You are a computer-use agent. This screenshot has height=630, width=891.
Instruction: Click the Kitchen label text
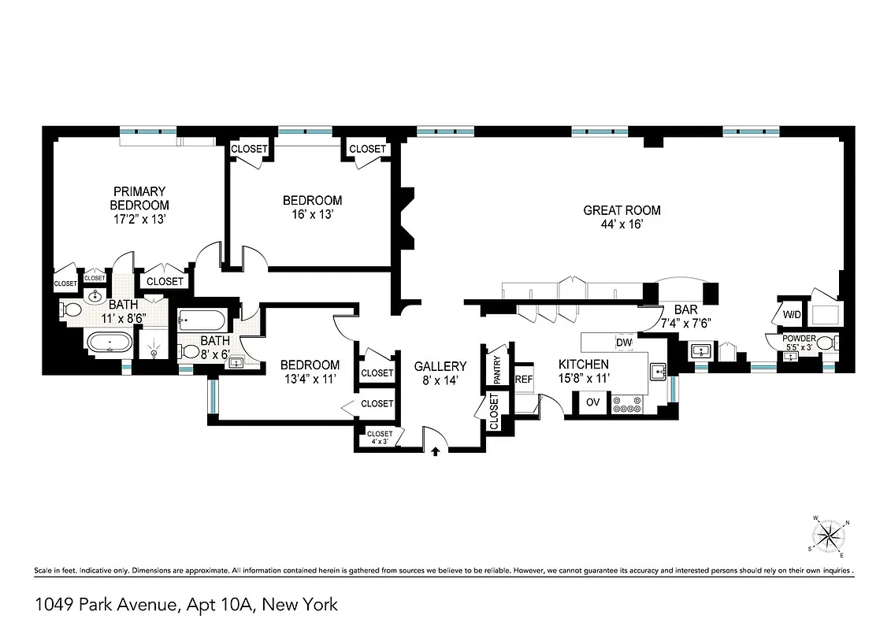[x=583, y=364]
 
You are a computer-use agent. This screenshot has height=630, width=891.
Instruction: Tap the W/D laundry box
[x=791, y=315]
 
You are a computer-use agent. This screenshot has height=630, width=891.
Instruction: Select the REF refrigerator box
[x=524, y=379]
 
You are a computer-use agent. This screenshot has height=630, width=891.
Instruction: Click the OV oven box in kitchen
[x=592, y=403]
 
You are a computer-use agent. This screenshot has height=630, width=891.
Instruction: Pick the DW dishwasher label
[x=624, y=343]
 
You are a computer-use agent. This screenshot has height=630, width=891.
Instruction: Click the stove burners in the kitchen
[x=628, y=404]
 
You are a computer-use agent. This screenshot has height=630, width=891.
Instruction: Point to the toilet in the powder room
[x=824, y=343]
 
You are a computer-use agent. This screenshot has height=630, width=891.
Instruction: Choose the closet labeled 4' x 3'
[x=380, y=437]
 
